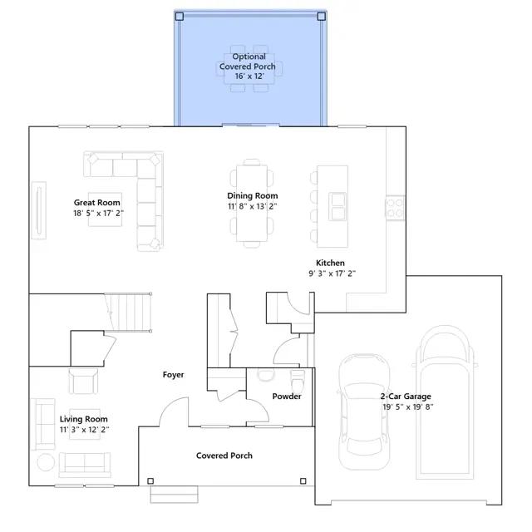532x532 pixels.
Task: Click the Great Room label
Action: (x=97, y=203)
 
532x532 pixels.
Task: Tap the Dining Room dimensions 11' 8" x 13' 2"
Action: (x=253, y=206)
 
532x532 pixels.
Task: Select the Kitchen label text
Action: (x=330, y=263)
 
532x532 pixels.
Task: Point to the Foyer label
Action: (x=173, y=375)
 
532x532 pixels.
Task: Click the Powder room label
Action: (x=287, y=397)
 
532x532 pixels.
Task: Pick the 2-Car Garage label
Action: (x=406, y=397)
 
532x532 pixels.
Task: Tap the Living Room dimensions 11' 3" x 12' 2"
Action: (x=85, y=430)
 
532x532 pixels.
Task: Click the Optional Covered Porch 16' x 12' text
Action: (x=248, y=66)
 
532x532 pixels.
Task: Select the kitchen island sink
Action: (x=338, y=206)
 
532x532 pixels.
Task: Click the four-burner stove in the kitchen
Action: (x=396, y=208)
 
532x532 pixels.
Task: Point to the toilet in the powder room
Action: (x=298, y=381)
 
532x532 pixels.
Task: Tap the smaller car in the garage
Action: (x=364, y=411)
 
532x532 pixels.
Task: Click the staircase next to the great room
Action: (x=128, y=312)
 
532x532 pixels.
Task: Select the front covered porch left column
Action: (x=150, y=481)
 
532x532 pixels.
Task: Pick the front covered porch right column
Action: (x=303, y=480)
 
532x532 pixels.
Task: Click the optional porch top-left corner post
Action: (x=180, y=17)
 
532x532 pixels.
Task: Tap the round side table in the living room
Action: (x=46, y=462)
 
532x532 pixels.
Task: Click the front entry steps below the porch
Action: (x=174, y=494)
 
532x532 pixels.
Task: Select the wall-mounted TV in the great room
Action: (x=39, y=210)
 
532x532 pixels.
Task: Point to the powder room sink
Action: (x=266, y=375)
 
